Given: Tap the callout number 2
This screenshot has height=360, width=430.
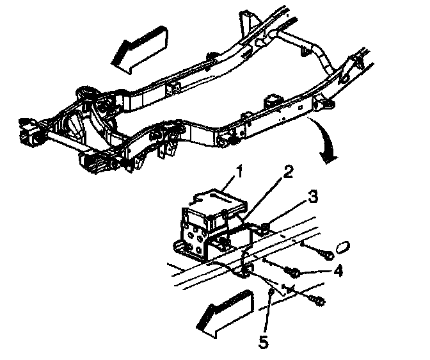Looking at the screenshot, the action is coord(290,172).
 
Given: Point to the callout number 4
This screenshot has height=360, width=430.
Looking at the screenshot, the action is coord(337,271).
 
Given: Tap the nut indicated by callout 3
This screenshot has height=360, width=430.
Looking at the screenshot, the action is coord(263,225).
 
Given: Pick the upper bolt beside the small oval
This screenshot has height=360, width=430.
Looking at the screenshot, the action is coord(327,255).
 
